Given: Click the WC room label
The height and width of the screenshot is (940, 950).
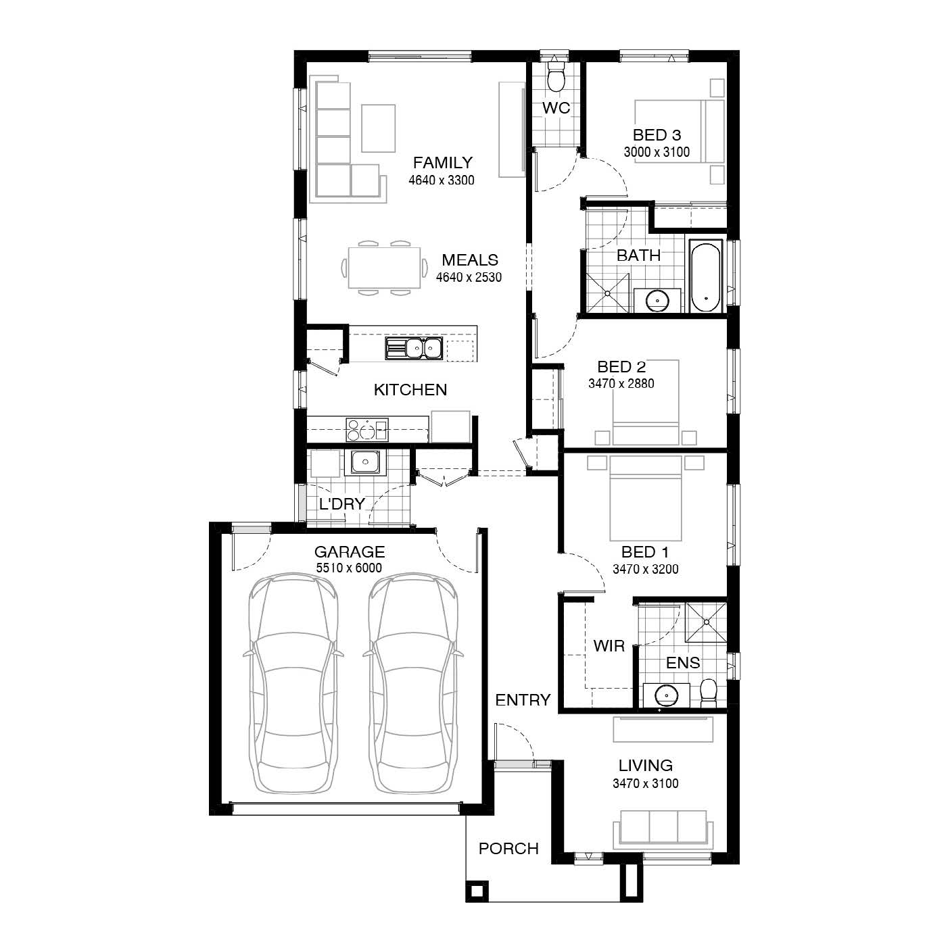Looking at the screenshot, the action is click(x=556, y=108).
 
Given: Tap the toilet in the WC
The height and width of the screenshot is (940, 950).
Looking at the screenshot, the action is click(x=556, y=77).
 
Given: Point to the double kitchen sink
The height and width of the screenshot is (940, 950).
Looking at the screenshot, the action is click(x=414, y=349).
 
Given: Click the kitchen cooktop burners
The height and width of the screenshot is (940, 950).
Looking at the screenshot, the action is click(x=366, y=429).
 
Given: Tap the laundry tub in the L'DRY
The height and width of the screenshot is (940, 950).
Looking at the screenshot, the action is click(x=365, y=462).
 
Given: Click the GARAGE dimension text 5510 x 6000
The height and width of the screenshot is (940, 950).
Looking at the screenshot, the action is click(x=348, y=568).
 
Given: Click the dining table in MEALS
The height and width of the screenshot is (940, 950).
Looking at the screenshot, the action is click(x=384, y=268).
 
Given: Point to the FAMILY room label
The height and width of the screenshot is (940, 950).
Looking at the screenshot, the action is click(x=442, y=163).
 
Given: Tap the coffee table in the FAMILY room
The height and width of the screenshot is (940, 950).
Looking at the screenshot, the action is click(x=378, y=128).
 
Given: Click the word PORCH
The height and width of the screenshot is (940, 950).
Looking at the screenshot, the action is click(x=508, y=849).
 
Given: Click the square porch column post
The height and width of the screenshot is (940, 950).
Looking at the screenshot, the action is click(x=476, y=891).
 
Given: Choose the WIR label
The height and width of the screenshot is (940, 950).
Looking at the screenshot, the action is click(x=609, y=646).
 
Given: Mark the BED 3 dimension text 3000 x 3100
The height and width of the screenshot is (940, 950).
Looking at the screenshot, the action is click(x=656, y=152).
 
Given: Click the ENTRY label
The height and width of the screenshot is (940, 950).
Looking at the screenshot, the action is click(x=523, y=700).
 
